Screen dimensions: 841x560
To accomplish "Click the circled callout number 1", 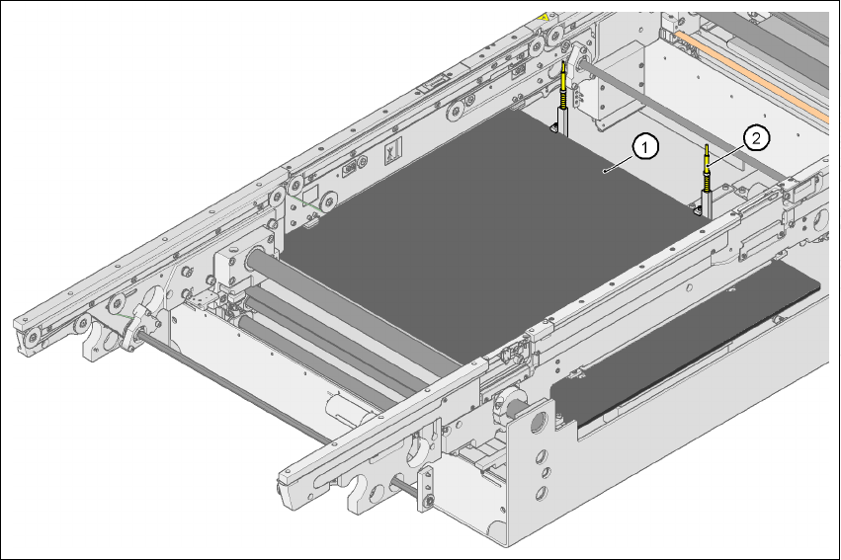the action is tap(644, 147).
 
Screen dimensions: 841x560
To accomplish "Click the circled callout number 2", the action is tap(756, 138).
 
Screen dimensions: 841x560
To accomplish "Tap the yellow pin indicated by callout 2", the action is tap(708, 168).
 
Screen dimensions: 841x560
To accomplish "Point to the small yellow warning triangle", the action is tap(546, 18).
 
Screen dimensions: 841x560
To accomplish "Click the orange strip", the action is tap(751, 75).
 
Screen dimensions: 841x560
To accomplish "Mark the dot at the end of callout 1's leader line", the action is tap(605, 171).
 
